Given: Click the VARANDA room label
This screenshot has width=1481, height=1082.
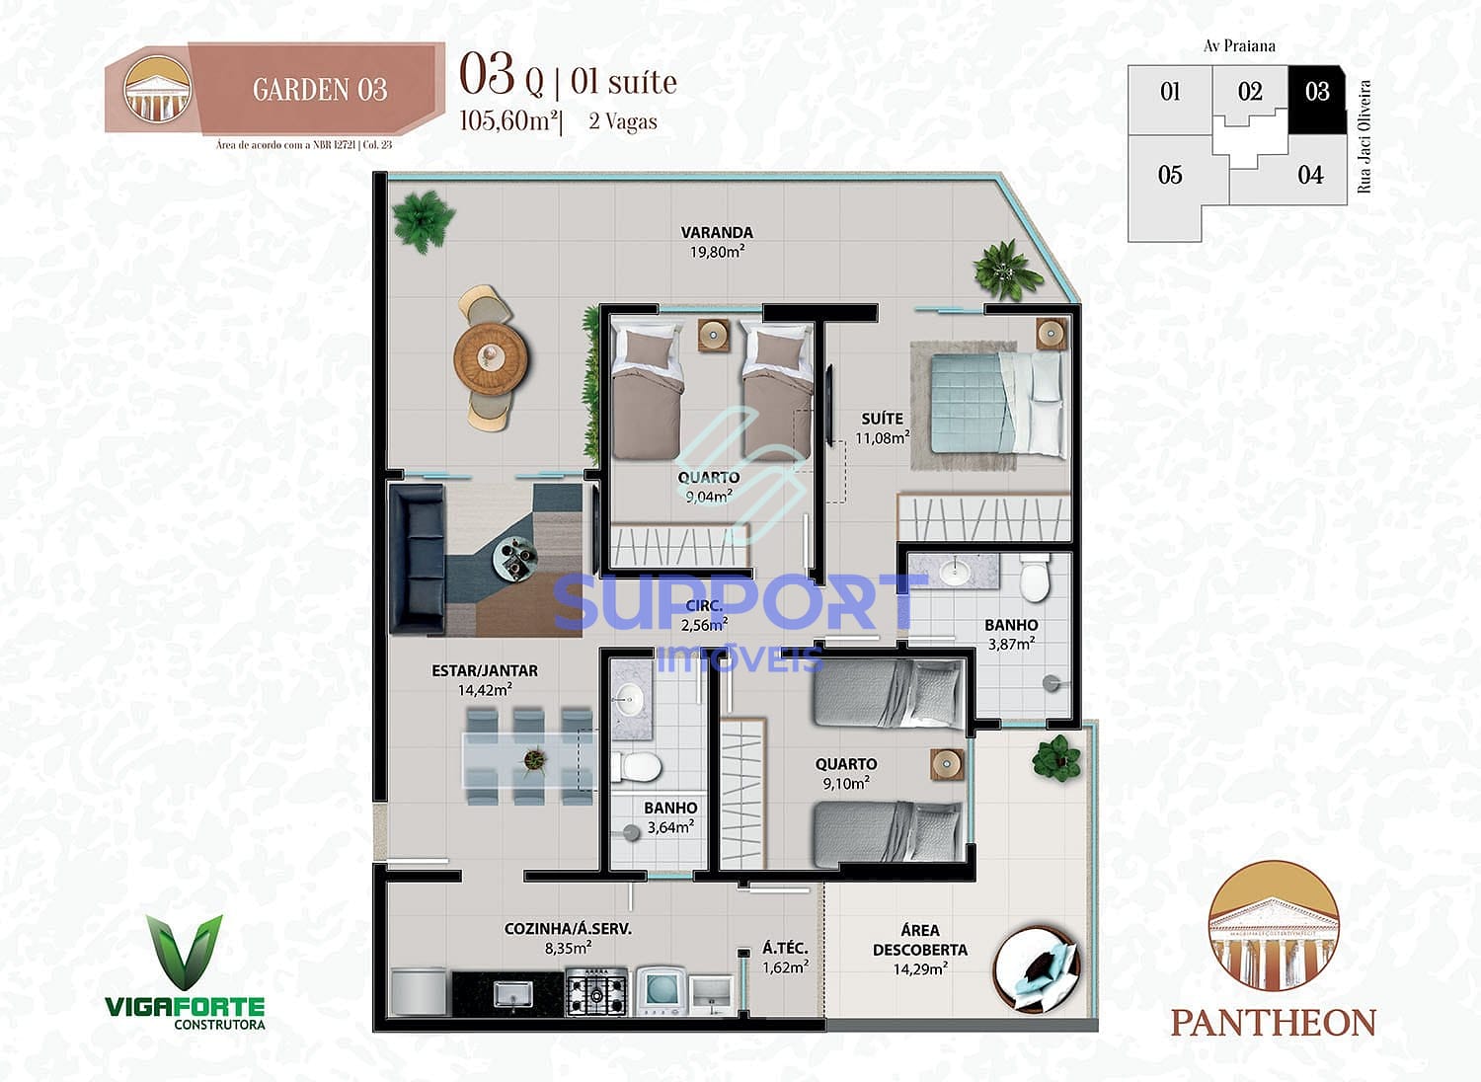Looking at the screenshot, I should [717, 233].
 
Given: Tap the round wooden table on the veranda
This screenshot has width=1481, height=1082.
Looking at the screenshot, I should [491, 356].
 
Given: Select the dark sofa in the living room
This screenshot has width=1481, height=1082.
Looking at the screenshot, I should [417, 559].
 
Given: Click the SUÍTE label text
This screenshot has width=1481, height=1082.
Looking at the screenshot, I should [882, 419].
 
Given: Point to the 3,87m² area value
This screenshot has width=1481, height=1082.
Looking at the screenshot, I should [1011, 644].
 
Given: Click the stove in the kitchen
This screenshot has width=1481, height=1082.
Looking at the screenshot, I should [596, 990].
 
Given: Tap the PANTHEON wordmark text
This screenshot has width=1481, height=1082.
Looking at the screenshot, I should [1274, 1022].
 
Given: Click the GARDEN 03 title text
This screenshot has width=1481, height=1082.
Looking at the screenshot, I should [320, 90].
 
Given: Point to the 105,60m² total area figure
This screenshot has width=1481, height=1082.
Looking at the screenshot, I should [509, 121].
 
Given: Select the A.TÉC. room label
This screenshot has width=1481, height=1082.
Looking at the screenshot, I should [785, 948].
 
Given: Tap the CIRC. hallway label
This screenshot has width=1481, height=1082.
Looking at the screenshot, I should [704, 605].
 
